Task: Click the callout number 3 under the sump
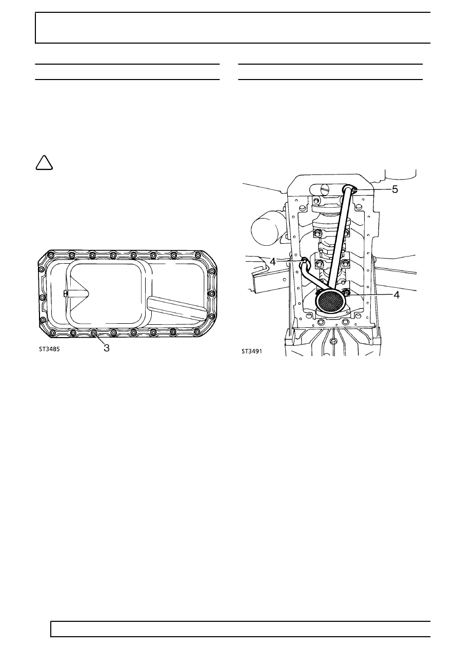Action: (106, 347)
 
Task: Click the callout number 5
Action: (395, 189)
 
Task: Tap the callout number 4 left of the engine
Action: (273, 261)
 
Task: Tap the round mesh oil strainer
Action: (331, 302)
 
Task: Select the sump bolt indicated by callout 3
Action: (94, 334)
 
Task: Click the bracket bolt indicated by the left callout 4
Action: (304, 260)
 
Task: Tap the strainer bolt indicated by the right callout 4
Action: (347, 293)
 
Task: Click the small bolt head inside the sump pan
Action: (66, 293)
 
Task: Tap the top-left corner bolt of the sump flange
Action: (50, 255)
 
